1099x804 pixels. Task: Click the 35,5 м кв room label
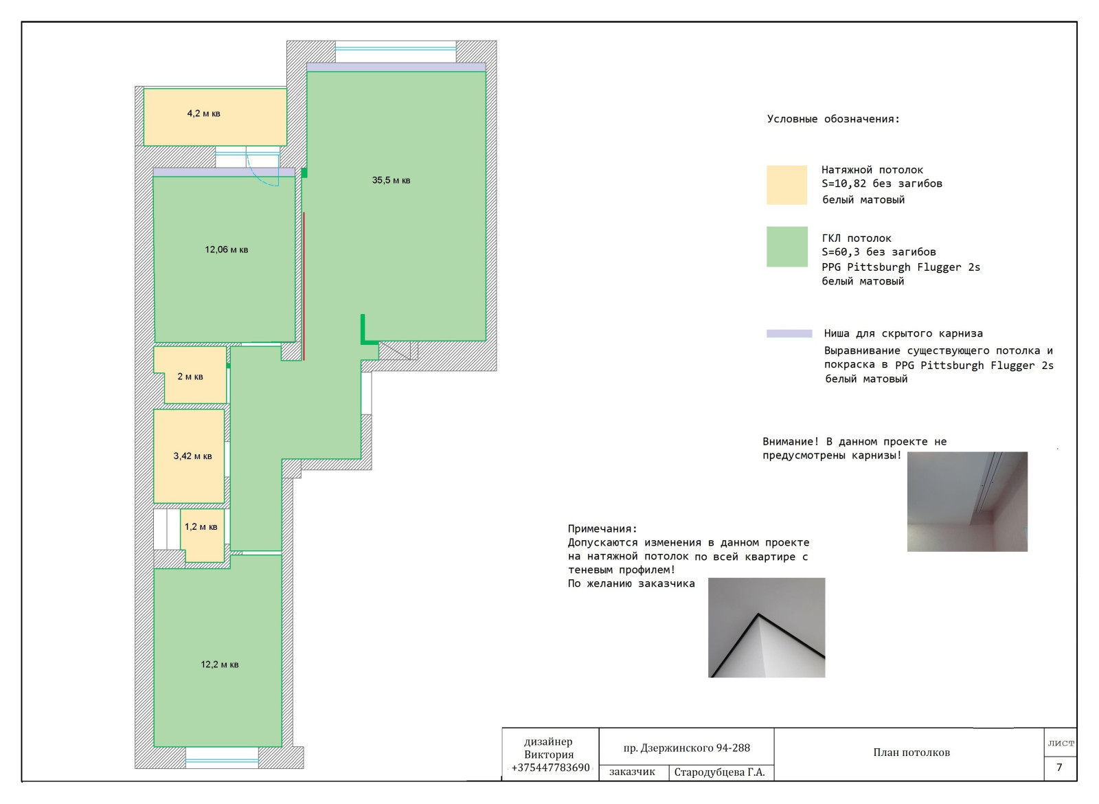coord(391,180)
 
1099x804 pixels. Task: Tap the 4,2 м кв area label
coord(203,113)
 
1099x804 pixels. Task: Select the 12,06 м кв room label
coord(227,249)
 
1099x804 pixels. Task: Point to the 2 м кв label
coord(190,377)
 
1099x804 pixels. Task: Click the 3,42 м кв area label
coord(193,456)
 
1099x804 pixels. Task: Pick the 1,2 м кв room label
coord(201,526)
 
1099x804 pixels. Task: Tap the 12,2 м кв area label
coord(220,665)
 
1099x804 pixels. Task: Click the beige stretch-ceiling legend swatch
coord(787,185)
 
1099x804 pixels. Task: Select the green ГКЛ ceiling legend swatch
coord(787,247)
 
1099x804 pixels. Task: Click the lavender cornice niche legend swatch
coord(789,334)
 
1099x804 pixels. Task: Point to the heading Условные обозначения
coord(834,119)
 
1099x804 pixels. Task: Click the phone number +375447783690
coord(550,767)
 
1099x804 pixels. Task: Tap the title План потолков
coord(911,752)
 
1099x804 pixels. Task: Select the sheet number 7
coord(1059,767)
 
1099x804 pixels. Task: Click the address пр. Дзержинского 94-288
coord(687,748)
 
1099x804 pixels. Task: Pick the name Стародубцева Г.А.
coord(720,772)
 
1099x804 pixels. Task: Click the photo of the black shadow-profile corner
coord(767,627)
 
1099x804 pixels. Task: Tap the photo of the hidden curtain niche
coord(968,502)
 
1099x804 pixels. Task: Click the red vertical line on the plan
coord(304,286)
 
